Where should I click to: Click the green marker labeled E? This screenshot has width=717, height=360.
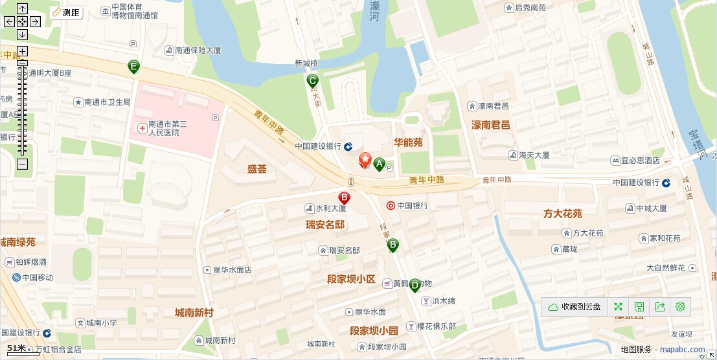133,66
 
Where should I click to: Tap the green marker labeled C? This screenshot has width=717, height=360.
312,81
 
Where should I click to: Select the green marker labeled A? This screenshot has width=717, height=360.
379,164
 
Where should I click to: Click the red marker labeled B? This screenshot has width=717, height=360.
345,197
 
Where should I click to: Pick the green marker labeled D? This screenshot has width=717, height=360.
415,285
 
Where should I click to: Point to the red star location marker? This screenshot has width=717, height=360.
365,160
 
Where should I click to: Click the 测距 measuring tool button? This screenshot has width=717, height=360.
66,13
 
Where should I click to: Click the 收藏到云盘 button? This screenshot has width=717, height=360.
575,307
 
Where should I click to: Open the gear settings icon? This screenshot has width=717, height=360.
680,307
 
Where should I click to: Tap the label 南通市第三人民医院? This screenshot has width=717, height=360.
167,128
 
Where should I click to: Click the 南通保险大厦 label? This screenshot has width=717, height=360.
198,49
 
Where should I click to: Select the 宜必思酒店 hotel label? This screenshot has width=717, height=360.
640,160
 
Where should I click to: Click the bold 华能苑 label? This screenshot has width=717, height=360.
408,142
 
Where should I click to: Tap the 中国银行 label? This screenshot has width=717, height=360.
412,206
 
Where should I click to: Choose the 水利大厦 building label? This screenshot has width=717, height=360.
330,208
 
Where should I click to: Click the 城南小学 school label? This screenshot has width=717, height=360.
102,322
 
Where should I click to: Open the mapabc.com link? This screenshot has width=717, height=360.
682,350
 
